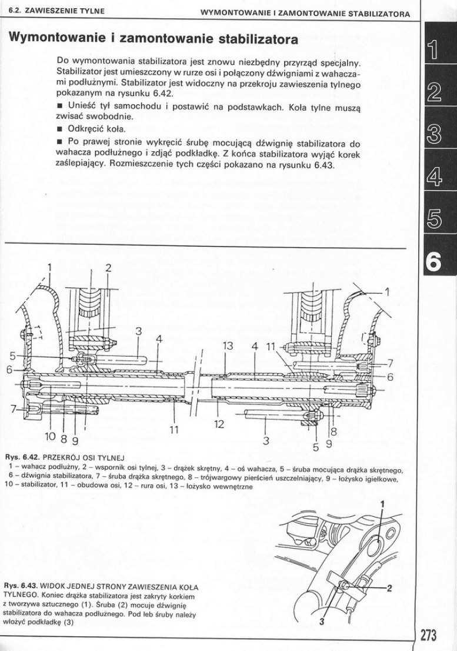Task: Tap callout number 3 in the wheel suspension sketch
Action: click(x=322, y=623)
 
